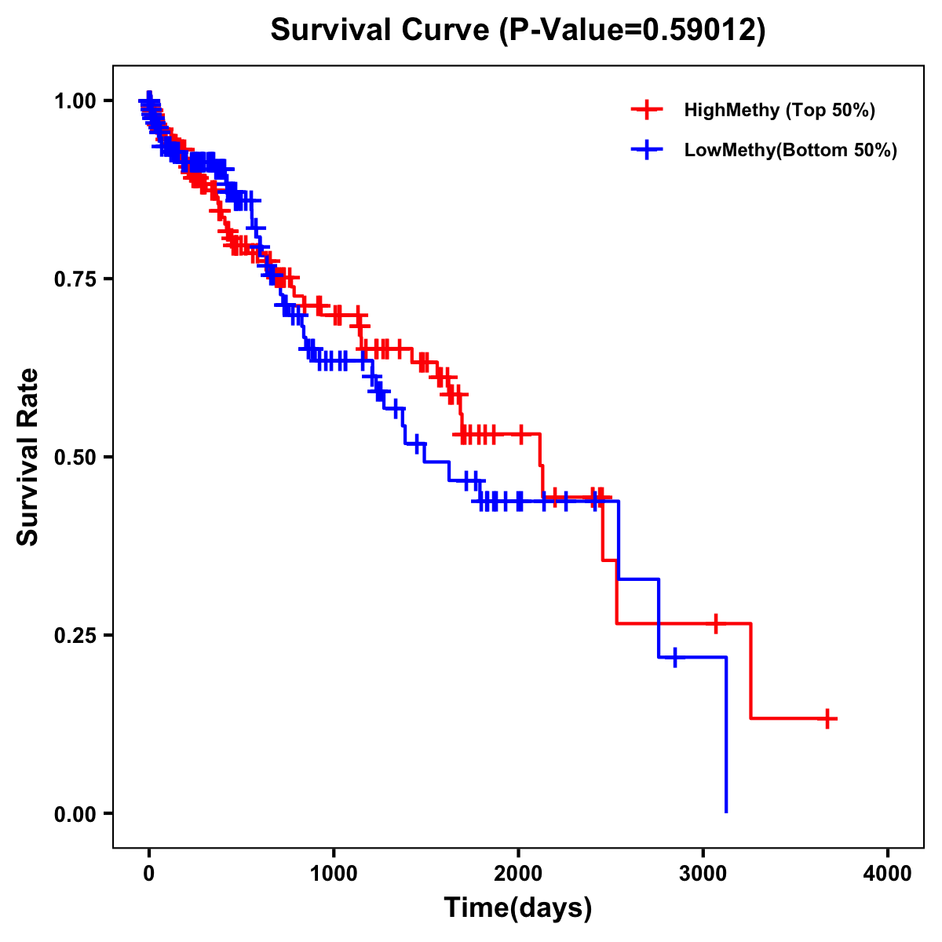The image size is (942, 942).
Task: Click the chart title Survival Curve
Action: (382, 31)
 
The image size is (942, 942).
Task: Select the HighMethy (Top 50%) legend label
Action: (780, 110)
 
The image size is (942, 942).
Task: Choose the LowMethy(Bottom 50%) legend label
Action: (790, 150)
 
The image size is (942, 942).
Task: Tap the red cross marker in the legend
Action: (647, 110)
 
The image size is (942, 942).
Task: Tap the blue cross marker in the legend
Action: (647, 150)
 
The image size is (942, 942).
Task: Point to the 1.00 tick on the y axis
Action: (74, 100)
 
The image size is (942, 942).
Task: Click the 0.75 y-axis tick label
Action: (74, 279)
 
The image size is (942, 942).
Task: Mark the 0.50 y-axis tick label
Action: (74, 457)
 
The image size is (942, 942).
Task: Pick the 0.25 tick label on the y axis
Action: (74, 635)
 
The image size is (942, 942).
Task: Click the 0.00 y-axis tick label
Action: (74, 813)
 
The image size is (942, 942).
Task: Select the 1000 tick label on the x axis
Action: (334, 873)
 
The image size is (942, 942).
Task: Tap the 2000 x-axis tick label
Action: (518, 873)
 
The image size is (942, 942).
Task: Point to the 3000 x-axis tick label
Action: (703, 873)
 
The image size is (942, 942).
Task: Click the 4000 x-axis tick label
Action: (888, 873)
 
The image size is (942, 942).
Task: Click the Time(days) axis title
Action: (518, 908)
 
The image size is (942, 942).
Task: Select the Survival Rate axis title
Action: (28, 457)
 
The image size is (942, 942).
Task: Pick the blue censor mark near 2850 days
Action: (675, 657)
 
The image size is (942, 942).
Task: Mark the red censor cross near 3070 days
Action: (715, 623)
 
